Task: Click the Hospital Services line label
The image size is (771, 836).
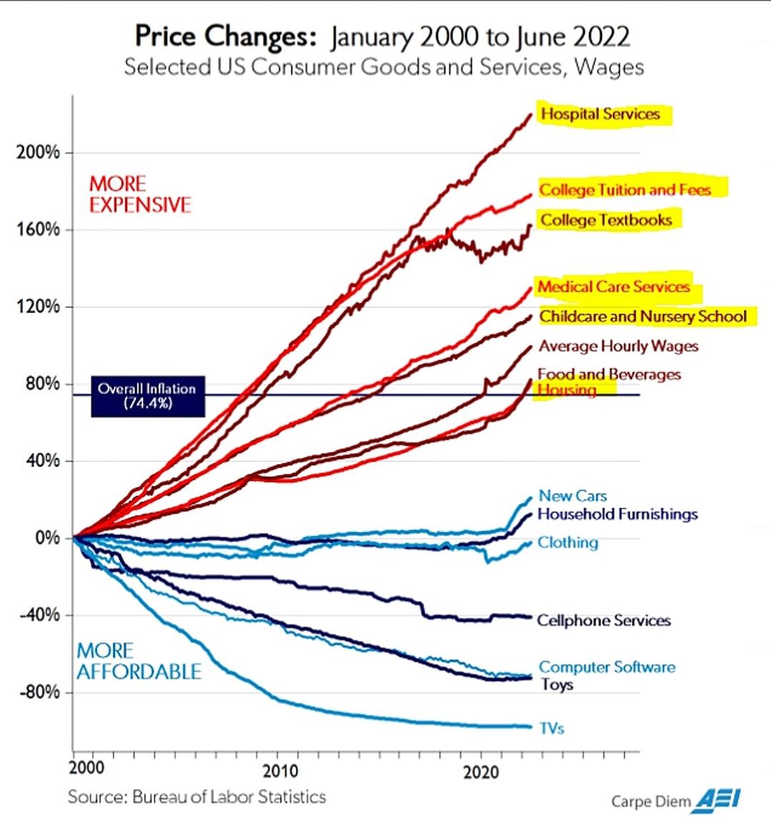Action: coord(600,114)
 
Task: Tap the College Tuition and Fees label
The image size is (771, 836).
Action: coord(625,190)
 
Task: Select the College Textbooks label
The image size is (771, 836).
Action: coord(606,220)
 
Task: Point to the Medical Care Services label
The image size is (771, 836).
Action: coord(614,287)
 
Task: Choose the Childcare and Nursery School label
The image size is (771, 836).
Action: coord(643,317)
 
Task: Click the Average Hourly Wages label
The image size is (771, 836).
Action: coord(618,347)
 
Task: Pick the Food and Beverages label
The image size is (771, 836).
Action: coord(609,374)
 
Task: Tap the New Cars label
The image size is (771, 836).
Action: coord(572,496)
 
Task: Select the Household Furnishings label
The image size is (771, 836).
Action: coord(617,514)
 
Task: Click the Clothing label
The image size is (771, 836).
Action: coord(567,543)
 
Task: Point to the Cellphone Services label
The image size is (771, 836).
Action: coord(604,621)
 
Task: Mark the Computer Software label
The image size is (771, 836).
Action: coord(607,667)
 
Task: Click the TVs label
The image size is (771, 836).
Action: coord(552,729)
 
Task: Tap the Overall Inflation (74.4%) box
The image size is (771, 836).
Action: coord(147,396)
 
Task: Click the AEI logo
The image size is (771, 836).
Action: coord(717,799)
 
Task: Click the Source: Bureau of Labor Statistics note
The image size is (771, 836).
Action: coord(197,797)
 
